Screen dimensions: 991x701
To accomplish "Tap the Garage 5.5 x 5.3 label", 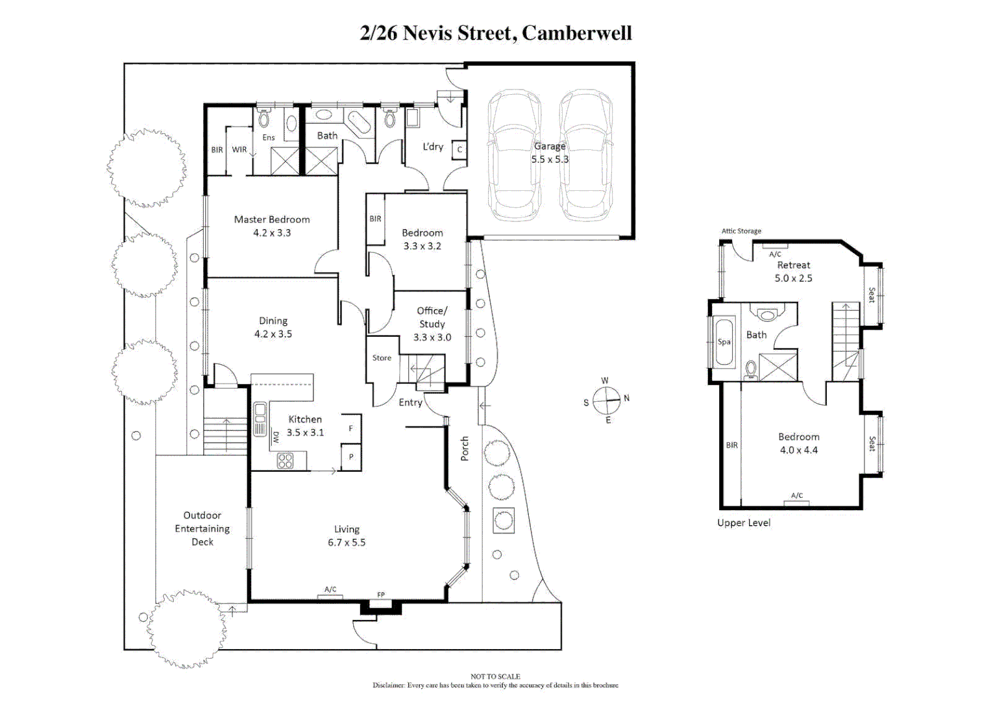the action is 550,153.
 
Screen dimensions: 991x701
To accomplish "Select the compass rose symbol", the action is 606,400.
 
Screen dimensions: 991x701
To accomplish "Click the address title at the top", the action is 496,32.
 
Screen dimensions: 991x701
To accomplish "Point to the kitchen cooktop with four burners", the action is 286,461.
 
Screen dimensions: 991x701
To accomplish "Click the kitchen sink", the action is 260,419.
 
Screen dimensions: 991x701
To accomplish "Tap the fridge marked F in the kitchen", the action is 351,428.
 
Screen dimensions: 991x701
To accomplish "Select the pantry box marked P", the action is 351,457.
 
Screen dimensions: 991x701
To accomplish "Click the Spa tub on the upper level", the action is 724,342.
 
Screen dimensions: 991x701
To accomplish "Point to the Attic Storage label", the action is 741,231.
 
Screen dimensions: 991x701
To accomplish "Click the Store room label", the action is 382,358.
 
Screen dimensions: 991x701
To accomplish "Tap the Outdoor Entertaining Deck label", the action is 202,528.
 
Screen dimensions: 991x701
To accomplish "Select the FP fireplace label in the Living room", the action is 381,595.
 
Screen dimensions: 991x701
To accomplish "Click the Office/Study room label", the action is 432,324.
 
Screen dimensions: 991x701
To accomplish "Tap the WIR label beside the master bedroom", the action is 239,150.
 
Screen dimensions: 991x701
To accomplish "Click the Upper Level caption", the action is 744,523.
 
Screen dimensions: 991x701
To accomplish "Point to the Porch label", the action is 465,449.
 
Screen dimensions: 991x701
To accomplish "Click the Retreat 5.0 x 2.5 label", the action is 793,271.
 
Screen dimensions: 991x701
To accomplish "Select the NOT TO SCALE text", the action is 495,676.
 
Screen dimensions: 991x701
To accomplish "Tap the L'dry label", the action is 433,147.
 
